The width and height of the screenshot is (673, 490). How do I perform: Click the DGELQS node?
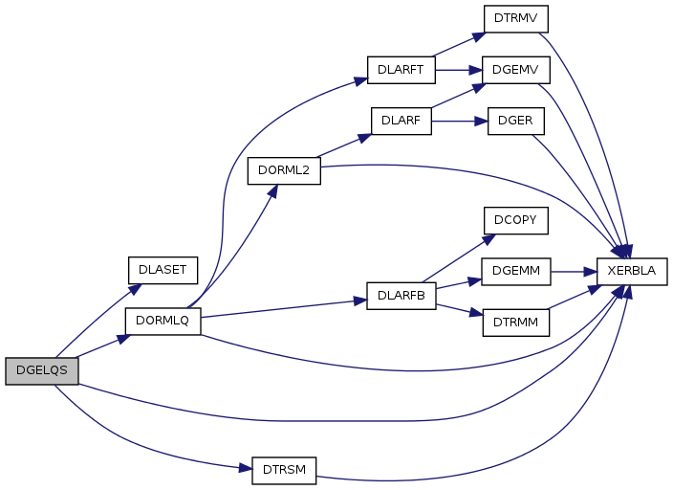pyautogui.click(x=41, y=370)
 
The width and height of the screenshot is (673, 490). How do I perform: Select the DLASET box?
pyautogui.click(x=162, y=269)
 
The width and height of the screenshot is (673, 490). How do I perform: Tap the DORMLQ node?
pyautogui.click(x=163, y=321)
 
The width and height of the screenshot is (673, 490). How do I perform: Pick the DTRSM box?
pyautogui.click(x=283, y=470)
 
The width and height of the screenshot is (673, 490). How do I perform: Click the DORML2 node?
pyautogui.click(x=283, y=170)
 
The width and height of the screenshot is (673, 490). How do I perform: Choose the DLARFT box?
pyautogui.click(x=402, y=70)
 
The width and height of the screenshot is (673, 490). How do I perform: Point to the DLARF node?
pyautogui.click(x=402, y=121)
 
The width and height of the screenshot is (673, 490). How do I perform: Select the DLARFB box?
pyautogui.click(x=402, y=294)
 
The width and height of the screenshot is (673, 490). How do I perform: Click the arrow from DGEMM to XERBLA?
pyautogui.click(x=574, y=271)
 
